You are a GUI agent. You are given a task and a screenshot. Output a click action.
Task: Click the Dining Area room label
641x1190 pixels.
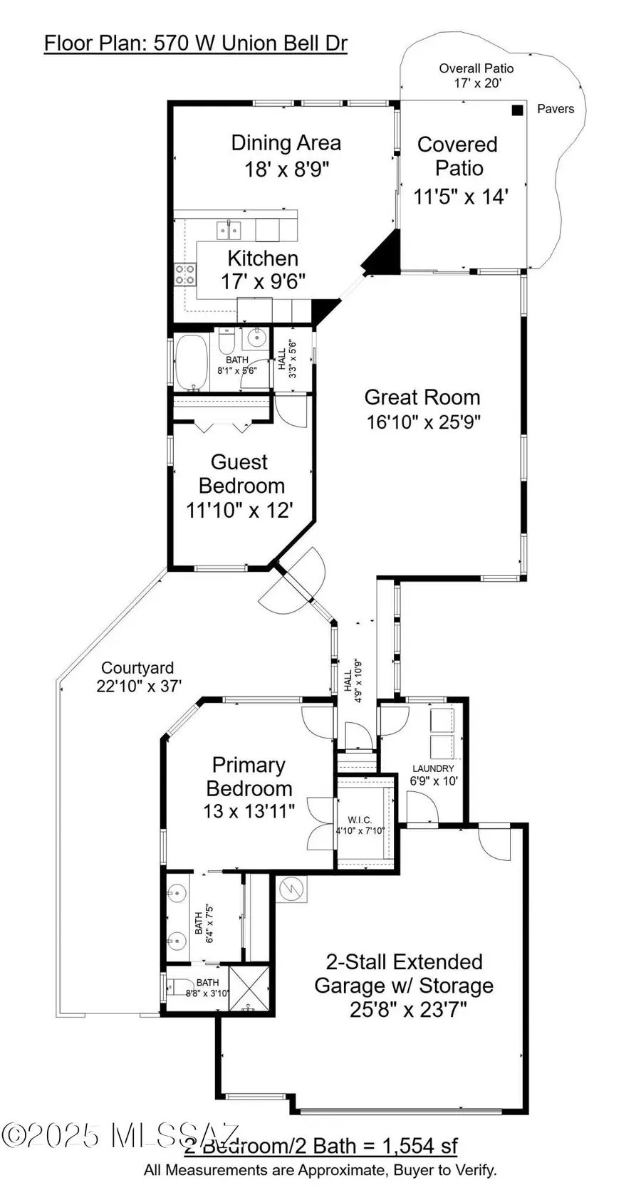(286, 143)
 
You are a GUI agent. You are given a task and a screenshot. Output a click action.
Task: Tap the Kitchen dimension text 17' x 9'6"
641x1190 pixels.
(263, 282)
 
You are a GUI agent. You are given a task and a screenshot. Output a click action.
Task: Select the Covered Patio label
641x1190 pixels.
(458, 156)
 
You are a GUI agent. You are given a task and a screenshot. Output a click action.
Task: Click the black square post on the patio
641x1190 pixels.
(518, 110)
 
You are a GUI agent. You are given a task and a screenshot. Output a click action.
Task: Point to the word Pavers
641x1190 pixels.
(555, 109)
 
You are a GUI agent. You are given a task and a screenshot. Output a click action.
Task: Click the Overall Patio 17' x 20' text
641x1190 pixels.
(476, 75)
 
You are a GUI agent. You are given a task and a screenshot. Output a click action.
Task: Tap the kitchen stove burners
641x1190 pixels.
(185, 274)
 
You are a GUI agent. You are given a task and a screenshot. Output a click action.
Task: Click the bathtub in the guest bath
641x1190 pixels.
(192, 363)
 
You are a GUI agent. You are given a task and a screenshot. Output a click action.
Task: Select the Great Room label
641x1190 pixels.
(422, 397)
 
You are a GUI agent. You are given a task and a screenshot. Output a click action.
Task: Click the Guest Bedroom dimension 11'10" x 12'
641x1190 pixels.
(239, 510)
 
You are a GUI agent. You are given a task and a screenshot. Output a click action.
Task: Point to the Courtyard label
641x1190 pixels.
(137, 668)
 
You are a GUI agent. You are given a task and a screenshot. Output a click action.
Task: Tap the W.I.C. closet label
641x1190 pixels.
(360, 820)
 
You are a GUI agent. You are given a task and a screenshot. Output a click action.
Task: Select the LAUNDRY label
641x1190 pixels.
(433, 768)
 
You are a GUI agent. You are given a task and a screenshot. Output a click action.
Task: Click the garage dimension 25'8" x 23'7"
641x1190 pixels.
(408, 1010)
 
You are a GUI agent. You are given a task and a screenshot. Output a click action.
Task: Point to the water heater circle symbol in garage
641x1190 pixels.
(291, 888)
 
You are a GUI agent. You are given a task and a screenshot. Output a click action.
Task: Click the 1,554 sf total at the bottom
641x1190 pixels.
(419, 1145)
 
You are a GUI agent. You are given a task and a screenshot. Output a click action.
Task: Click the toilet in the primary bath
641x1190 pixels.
(171, 987)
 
